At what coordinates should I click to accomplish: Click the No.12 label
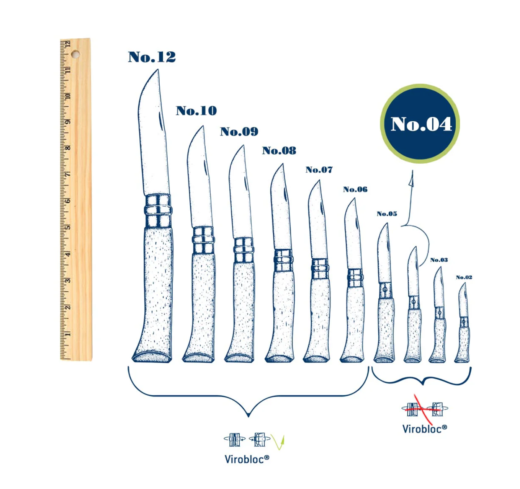click(152, 57)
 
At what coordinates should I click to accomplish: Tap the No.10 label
click(196, 111)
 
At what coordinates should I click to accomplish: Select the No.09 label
click(239, 132)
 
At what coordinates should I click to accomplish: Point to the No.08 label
click(280, 150)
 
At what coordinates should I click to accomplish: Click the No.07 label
click(319, 170)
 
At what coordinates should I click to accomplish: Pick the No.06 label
click(355, 189)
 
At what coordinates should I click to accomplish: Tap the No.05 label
click(387, 214)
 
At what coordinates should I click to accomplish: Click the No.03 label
click(439, 260)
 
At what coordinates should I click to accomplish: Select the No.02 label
click(464, 277)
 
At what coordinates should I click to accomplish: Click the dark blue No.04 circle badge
click(420, 124)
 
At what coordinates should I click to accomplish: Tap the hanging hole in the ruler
click(76, 54)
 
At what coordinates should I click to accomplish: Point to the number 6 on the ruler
click(68, 201)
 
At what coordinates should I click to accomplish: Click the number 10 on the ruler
click(68, 96)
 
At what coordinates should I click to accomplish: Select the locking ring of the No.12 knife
click(158, 210)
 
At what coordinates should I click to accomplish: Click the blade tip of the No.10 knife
click(203, 126)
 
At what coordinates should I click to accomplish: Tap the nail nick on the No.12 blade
click(160, 121)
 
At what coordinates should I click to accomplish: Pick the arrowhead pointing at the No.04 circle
click(411, 179)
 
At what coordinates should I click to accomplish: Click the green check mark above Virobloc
click(278, 442)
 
